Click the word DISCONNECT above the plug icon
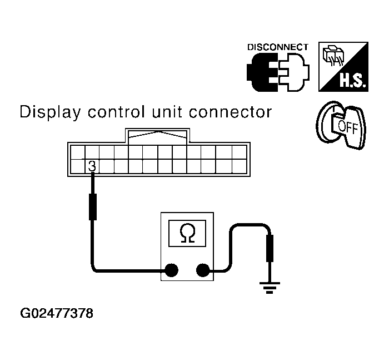click(277, 47)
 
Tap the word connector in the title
click(232, 113)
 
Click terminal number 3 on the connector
click(92, 165)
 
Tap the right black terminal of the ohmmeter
click(203, 271)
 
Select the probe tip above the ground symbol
click(271, 247)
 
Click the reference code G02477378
click(56, 313)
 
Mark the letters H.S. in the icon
click(351, 83)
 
